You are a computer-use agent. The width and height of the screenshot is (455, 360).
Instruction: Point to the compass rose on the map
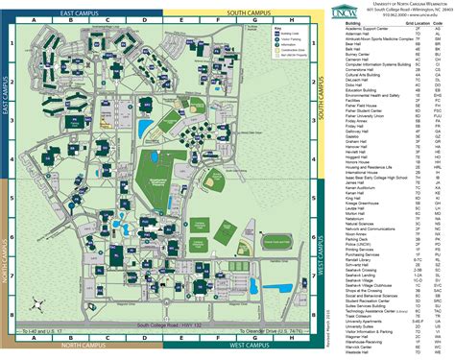point(37,306)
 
